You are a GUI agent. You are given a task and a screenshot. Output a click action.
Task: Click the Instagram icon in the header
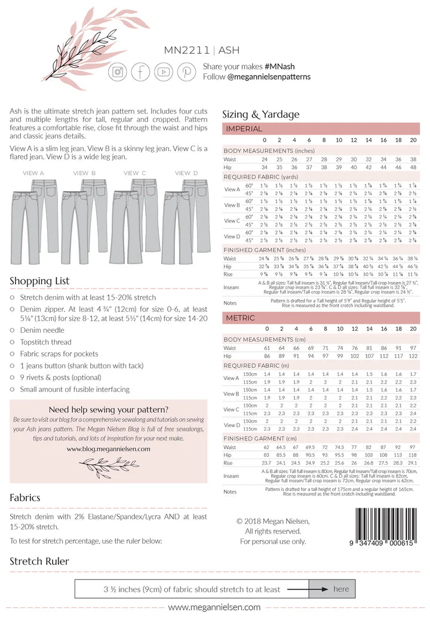117,72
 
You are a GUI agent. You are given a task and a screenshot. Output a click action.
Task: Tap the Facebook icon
140,72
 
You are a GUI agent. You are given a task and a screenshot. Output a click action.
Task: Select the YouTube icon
164,72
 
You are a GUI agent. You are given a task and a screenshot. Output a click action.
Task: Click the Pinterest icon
186,72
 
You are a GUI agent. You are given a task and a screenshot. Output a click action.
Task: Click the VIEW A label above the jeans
33,173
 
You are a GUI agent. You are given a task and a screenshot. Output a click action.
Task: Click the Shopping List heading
39,281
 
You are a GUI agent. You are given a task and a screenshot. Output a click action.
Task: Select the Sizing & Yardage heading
261,114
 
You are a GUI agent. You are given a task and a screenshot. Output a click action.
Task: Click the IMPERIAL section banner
321,129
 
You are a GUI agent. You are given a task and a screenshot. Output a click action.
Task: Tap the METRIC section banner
321,318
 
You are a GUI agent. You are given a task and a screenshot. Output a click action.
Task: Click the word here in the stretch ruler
342,589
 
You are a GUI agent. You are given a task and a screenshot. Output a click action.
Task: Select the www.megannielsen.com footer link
214,607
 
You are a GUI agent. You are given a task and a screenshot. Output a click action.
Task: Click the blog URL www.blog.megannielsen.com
109,449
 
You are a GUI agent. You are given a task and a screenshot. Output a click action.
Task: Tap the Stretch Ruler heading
39,561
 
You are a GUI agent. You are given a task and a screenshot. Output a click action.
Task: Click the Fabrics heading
25,497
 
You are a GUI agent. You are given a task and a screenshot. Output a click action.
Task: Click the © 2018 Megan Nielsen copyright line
273,521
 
